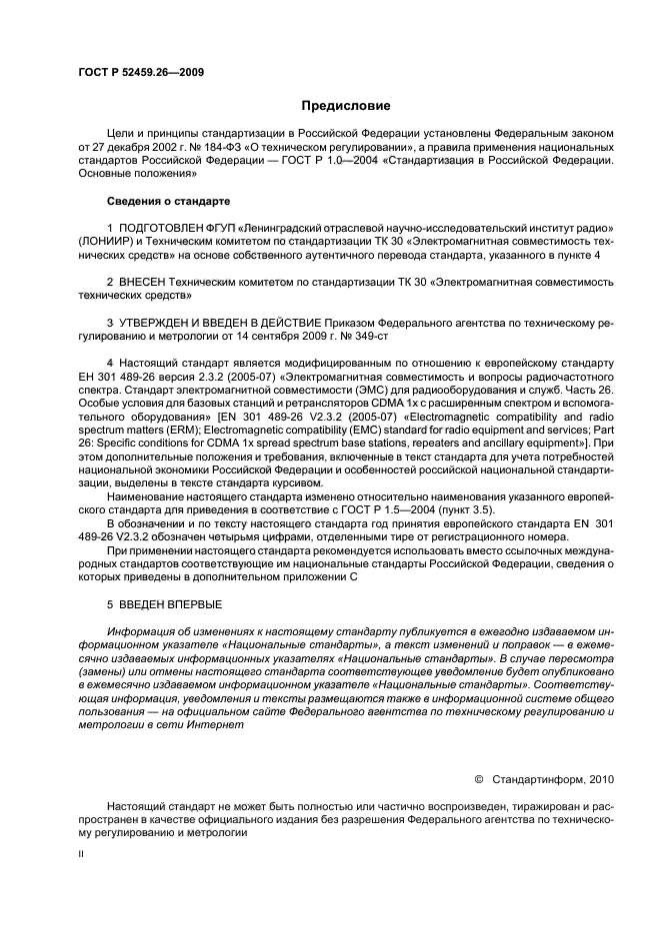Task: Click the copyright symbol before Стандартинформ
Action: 478,777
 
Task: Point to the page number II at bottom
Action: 82,854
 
